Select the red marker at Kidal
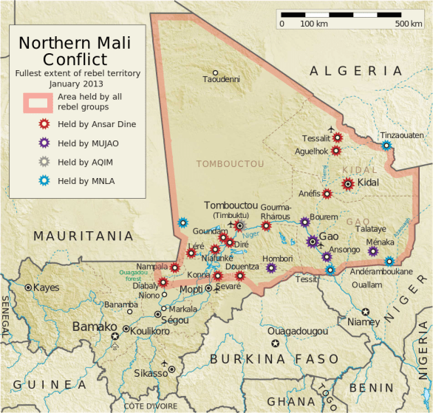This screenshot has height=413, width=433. (x=348, y=184)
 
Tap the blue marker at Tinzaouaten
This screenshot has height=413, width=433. (x=386, y=146)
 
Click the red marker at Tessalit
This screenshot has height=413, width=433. (x=338, y=137)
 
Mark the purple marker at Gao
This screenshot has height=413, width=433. (x=313, y=241)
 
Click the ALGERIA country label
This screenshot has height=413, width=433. (x=357, y=71)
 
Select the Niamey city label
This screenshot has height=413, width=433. (x=363, y=322)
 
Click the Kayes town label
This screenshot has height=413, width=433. (x=46, y=287)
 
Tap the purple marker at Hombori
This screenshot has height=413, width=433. (x=271, y=267)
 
